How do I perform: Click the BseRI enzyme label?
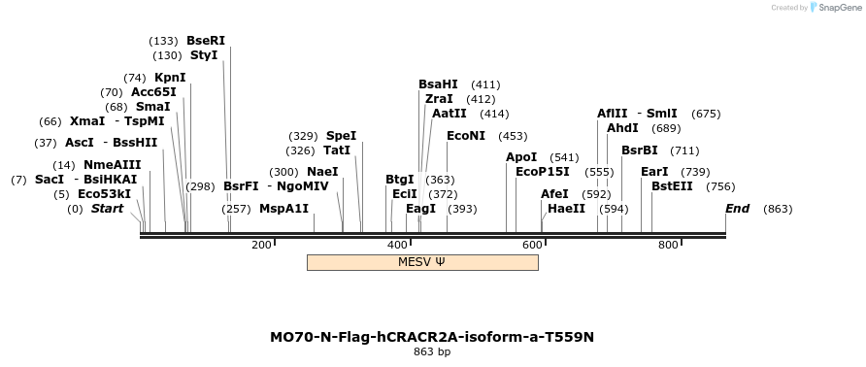(206, 41)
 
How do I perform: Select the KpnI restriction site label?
(170, 78)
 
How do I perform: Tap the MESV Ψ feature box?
(422, 262)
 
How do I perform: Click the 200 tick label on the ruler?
(261, 245)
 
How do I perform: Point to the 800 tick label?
(668, 245)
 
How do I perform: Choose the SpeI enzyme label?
(341, 136)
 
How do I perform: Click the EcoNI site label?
(466, 136)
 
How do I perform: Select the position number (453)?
(513, 136)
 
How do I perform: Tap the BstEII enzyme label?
(672, 186)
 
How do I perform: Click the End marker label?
(738, 209)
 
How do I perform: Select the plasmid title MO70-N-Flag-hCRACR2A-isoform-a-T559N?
(432, 337)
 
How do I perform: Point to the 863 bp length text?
(432, 351)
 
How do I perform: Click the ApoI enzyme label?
(521, 157)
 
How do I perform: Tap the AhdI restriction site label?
(622, 128)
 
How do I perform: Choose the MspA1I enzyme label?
(283, 209)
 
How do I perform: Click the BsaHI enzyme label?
(438, 84)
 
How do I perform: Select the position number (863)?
(779, 209)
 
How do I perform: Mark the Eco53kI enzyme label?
(104, 194)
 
